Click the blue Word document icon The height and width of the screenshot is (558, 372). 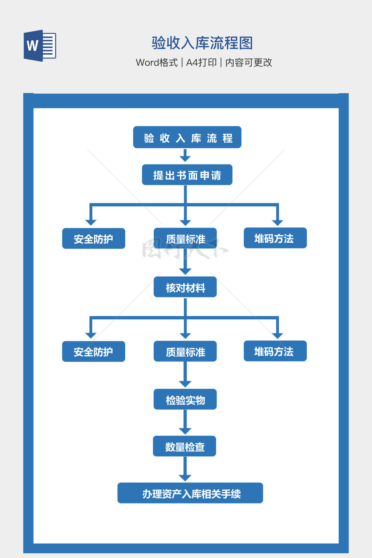pyautogui.click(x=40, y=46)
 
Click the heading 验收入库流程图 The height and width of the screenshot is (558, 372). pyautogui.click(x=202, y=43)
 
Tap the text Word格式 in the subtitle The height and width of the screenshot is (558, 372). pyautogui.click(x=157, y=62)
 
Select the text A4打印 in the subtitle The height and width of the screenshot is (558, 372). pyautogui.click(x=201, y=62)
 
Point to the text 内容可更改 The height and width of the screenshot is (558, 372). pyautogui.click(x=248, y=62)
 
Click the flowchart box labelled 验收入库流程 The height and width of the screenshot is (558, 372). pyautogui.click(x=187, y=137)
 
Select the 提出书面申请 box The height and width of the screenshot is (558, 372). pyautogui.click(x=187, y=175)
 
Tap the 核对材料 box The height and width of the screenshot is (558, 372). pyautogui.click(x=185, y=287)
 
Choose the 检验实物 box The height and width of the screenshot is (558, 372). pyautogui.click(x=185, y=400)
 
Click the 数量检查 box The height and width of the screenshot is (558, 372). pyautogui.click(x=185, y=446)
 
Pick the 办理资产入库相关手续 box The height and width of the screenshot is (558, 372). pyautogui.click(x=190, y=493)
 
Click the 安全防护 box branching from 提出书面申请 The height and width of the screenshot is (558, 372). pyautogui.click(x=94, y=239)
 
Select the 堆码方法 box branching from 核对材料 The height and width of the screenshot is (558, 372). pyautogui.click(x=275, y=351)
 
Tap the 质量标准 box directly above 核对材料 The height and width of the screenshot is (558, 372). pyautogui.click(x=185, y=239)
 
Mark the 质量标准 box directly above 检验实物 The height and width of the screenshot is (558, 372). pyautogui.click(x=185, y=351)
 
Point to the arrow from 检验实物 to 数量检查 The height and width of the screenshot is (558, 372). pyautogui.click(x=185, y=422)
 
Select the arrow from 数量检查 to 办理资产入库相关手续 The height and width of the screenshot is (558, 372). pyautogui.click(x=185, y=469)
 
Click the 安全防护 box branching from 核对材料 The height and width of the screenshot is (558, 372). pyautogui.click(x=94, y=352)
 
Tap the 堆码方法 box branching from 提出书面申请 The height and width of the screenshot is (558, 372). pyautogui.click(x=275, y=238)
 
